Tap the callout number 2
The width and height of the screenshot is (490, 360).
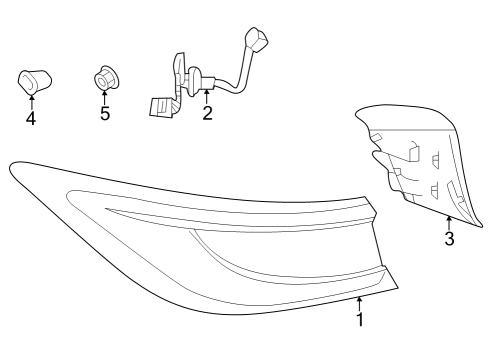[207, 112]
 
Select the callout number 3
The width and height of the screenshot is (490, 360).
[449, 238]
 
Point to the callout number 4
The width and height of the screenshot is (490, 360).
[31, 118]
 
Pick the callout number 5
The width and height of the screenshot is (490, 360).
[105, 112]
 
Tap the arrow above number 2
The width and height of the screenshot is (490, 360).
[206, 95]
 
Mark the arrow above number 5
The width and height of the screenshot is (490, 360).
[105, 95]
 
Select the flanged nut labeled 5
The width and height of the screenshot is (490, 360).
[105, 76]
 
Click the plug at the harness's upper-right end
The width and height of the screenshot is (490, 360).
[258, 43]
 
